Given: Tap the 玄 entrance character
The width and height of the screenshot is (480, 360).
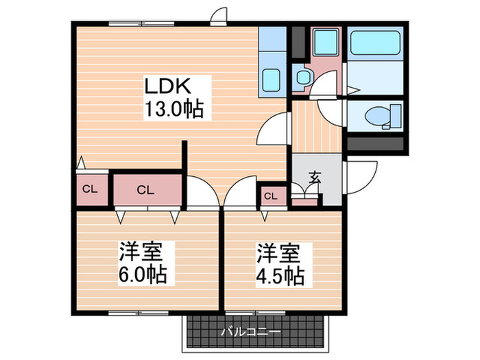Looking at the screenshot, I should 315,177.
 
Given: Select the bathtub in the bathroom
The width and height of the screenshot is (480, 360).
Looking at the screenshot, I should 374,45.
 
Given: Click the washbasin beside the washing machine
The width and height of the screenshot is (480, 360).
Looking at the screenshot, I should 300,77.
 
